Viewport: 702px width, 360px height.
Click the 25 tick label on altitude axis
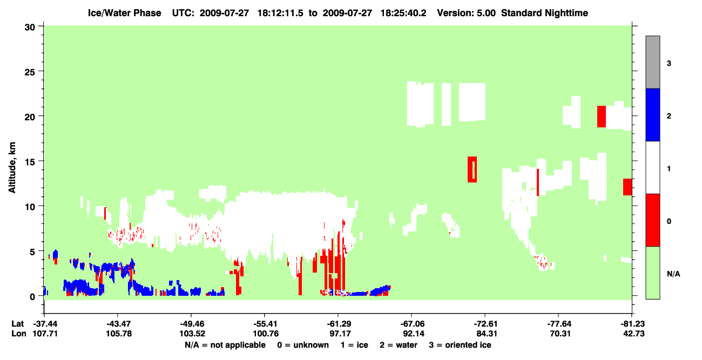coord(30,72)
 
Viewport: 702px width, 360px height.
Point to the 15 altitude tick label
coord(30,162)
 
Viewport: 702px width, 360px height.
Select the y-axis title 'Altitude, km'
coord(12,167)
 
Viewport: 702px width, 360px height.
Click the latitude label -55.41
coord(266,324)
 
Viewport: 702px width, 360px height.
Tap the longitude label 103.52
coord(192,334)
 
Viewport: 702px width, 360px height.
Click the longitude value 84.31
coord(487,334)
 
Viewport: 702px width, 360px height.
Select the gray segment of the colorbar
coord(652,62)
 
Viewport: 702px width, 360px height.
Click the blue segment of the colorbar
coord(652,114)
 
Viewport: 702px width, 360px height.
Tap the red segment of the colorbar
coord(652,220)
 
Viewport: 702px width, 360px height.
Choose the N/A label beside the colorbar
coord(673,274)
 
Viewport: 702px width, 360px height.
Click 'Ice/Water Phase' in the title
coord(124,13)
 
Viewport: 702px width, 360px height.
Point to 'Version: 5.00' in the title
coord(466,13)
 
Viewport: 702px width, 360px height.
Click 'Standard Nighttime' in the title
coord(544,13)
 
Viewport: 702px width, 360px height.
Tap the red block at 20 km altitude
coord(602,117)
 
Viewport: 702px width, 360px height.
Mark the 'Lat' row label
coord(17,324)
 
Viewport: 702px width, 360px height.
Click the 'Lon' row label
coord(19,334)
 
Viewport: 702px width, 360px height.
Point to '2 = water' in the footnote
coord(399,345)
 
